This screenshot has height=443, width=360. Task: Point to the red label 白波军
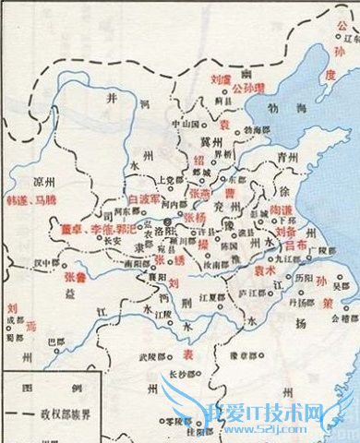click(x=146, y=198)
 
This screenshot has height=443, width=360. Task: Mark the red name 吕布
click(x=297, y=246)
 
